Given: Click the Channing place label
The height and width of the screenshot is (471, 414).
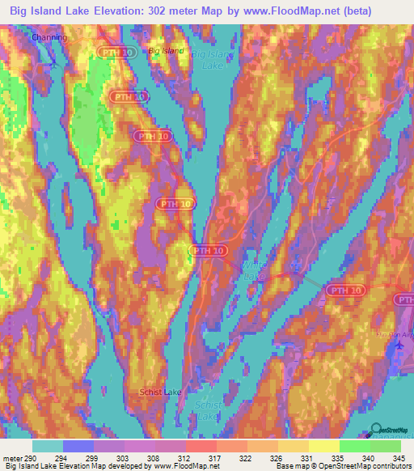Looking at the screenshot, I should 49,37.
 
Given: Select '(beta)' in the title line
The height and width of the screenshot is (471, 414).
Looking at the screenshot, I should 382,11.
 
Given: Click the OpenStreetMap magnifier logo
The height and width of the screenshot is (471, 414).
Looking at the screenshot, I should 376,430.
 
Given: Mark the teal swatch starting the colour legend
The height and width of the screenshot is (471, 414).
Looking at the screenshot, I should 48,446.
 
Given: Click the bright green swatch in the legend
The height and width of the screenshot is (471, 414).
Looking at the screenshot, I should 354,446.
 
